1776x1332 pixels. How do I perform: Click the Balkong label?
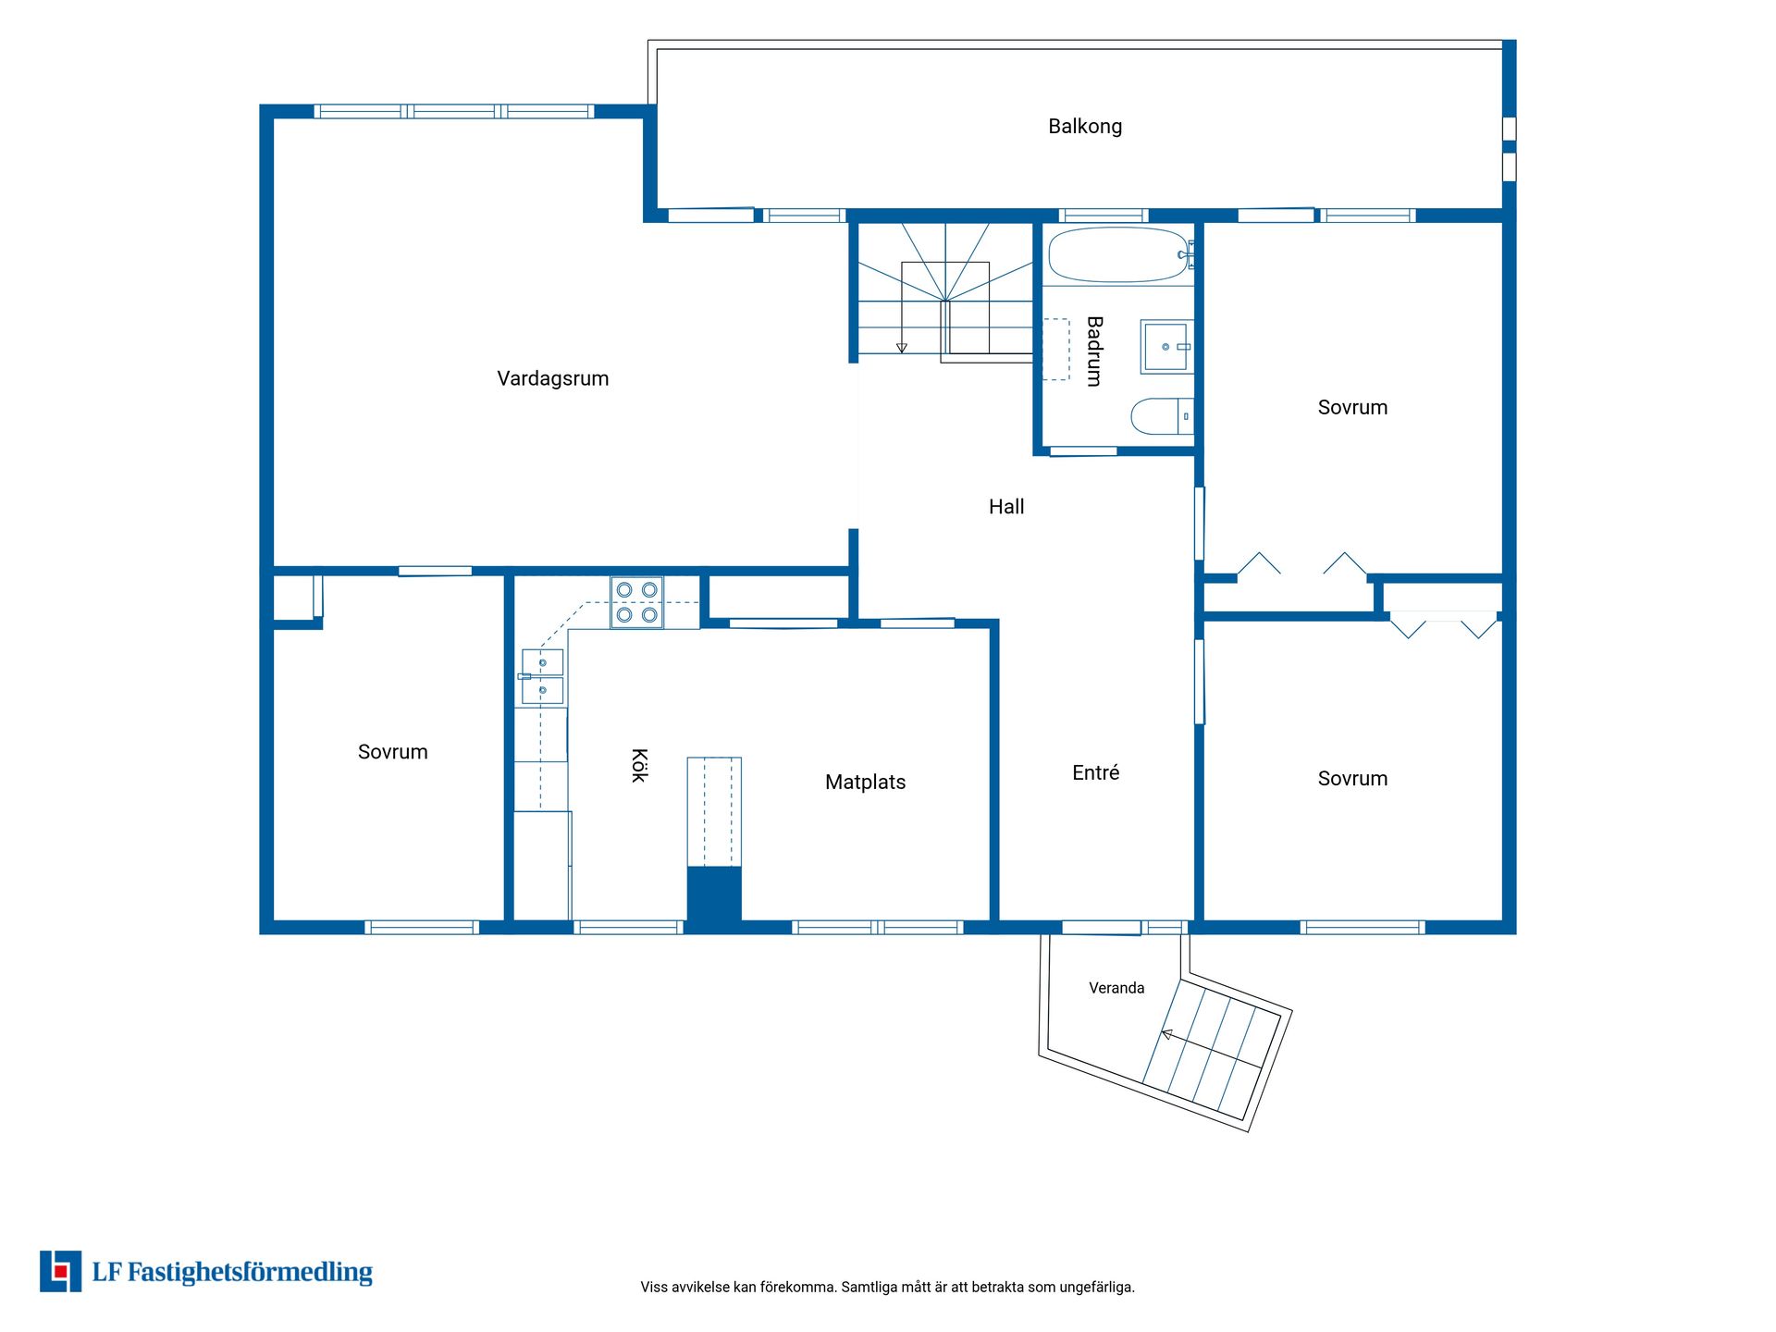click(1085, 127)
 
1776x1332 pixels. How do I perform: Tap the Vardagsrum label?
click(553, 378)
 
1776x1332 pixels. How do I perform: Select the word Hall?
click(1006, 507)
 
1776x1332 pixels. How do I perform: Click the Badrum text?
click(1094, 351)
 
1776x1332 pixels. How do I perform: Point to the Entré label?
click(1096, 772)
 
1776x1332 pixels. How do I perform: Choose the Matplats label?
click(866, 783)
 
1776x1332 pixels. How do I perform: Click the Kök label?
click(639, 766)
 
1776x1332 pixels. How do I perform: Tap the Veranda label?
click(1116, 988)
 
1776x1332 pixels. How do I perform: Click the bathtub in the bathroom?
click(1119, 254)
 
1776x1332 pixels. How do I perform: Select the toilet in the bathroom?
click(1162, 416)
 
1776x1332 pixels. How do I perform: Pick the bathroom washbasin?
click(1166, 347)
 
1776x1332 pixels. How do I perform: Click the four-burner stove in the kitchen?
click(636, 602)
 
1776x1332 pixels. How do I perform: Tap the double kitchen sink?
click(542, 677)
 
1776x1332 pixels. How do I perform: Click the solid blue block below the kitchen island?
click(714, 894)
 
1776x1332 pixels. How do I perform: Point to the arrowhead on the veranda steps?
click(1168, 1035)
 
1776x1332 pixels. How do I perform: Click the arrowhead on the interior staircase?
click(902, 348)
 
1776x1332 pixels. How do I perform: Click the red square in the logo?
click(61, 1271)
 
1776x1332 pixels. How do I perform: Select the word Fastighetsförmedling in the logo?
click(250, 1273)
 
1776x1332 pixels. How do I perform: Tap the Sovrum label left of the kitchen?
click(393, 752)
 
